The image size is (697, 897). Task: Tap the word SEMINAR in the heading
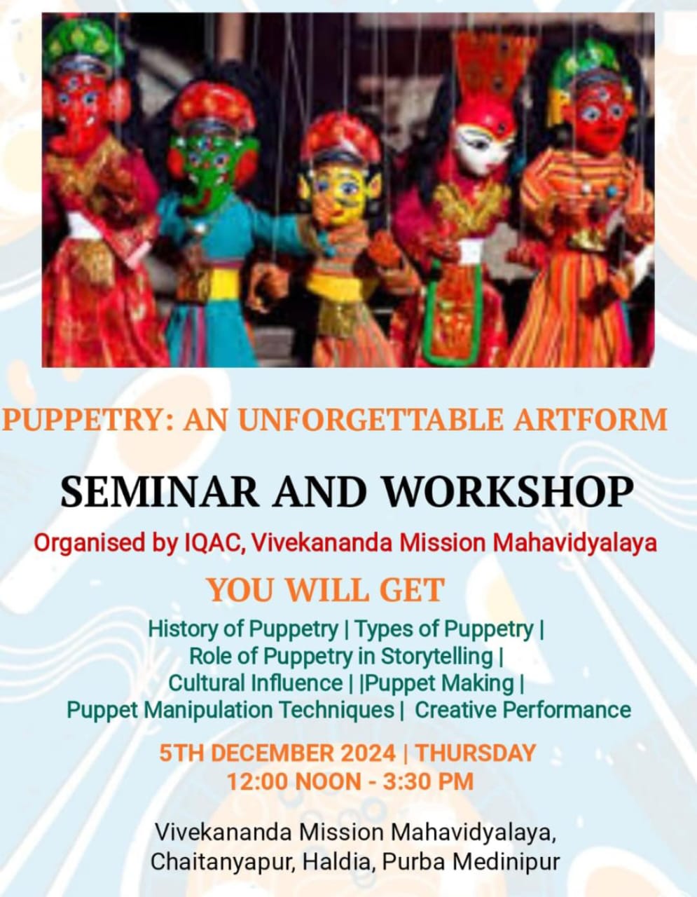tap(160, 493)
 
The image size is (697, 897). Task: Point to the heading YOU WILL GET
tap(326, 590)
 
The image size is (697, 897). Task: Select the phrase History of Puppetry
tap(243, 630)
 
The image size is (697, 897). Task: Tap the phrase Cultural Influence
tap(256, 683)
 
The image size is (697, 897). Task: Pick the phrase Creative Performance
tap(523, 711)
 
